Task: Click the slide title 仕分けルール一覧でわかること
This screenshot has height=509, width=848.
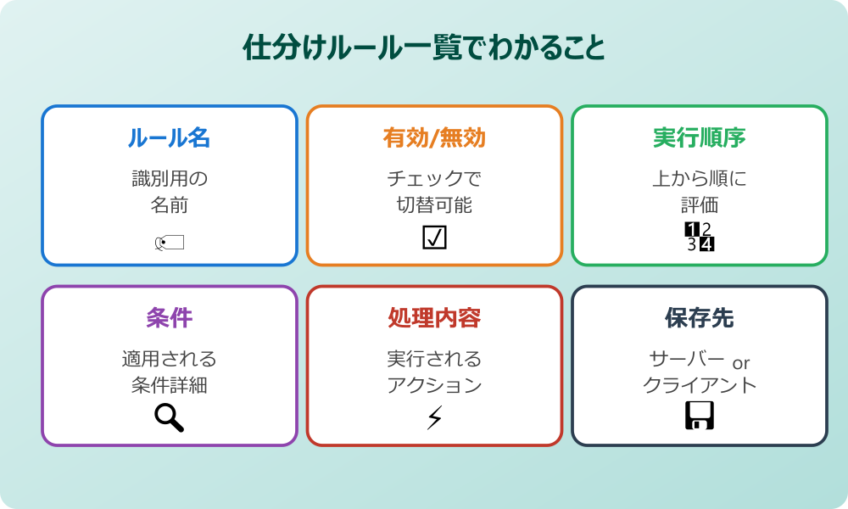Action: click(424, 48)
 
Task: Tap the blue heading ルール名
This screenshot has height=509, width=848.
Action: click(169, 138)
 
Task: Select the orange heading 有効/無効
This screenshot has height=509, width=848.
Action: click(434, 138)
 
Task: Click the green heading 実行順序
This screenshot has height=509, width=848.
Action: click(700, 138)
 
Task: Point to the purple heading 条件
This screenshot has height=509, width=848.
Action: click(169, 318)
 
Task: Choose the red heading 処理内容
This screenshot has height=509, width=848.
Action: click(434, 318)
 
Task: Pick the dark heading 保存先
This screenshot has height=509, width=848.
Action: click(700, 318)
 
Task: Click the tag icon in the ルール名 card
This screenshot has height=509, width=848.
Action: click(169, 244)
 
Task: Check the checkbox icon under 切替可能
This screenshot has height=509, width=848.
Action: click(434, 238)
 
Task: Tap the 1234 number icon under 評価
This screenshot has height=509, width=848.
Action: click(700, 238)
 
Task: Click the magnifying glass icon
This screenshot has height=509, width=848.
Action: click(169, 417)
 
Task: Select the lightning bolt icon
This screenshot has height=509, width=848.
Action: click(434, 417)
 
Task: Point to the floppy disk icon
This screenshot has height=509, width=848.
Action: click(700, 416)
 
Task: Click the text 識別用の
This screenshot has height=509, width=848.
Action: click(169, 179)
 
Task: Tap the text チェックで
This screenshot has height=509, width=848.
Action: click(434, 179)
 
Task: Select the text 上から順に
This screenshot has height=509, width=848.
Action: click(700, 179)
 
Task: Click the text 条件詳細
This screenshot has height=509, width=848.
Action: click(169, 385)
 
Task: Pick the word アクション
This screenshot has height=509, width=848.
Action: click(434, 385)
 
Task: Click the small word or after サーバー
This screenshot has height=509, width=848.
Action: click(740, 363)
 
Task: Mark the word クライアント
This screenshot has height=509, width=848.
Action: click(700, 385)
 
